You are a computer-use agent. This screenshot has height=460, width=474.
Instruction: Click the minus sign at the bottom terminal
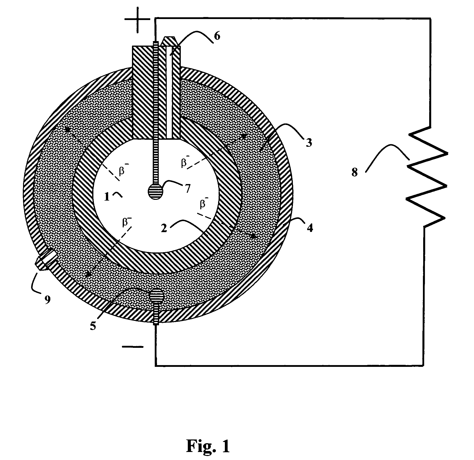coord(133,347)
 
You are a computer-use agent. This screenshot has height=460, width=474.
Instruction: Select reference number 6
coord(217,36)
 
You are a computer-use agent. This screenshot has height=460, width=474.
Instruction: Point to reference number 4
coord(310,228)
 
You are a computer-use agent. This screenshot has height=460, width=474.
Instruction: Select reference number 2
coord(164,228)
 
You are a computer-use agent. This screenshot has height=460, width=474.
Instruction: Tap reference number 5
coord(93,326)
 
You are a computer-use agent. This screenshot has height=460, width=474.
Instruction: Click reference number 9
coord(47,299)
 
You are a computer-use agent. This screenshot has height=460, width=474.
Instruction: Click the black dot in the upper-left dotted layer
coord(67,129)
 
